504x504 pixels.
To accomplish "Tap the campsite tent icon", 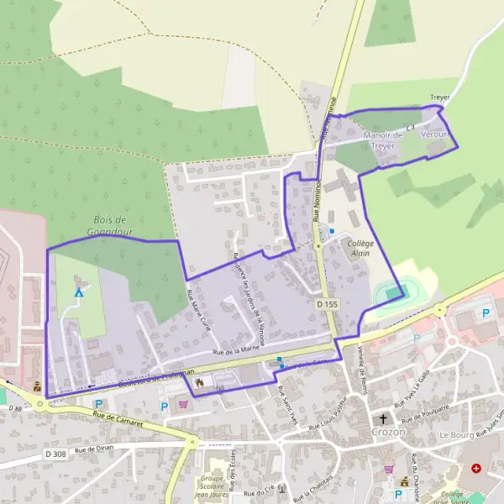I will [x=79, y=292].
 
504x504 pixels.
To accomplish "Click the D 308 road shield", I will [x=55, y=454].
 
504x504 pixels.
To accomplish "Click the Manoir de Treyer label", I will [x=382, y=139].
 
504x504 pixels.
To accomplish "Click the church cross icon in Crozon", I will [x=384, y=419].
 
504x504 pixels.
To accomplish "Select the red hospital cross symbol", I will [x=477, y=468].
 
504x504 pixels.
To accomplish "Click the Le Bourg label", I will [x=455, y=436].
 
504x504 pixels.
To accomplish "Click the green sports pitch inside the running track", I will [x=395, y=291].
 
